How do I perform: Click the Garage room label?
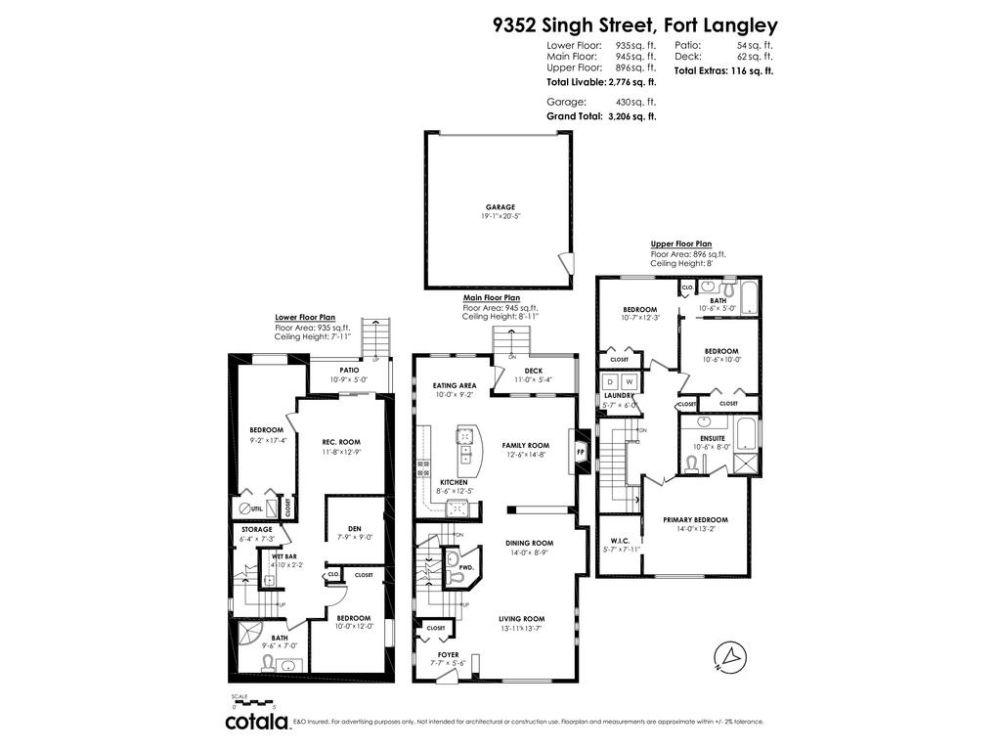[500, 207]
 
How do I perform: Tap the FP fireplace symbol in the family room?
[580, 453]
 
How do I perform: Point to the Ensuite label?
[713, 438]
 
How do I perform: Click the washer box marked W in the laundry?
[630, 380]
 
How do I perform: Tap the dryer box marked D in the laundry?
[611, 380]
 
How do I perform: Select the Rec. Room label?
[341, 442]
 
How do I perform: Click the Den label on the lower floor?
[355, 529]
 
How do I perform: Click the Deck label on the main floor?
[533, 371]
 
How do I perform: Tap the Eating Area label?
[454, 385]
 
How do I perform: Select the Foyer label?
[448, 654]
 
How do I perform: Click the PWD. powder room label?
[465, 566]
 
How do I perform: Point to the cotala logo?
[258, 722]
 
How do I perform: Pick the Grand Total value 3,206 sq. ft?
[631, 116]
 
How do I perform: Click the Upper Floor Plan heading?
[681, 243]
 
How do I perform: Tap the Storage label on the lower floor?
[256, 529]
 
